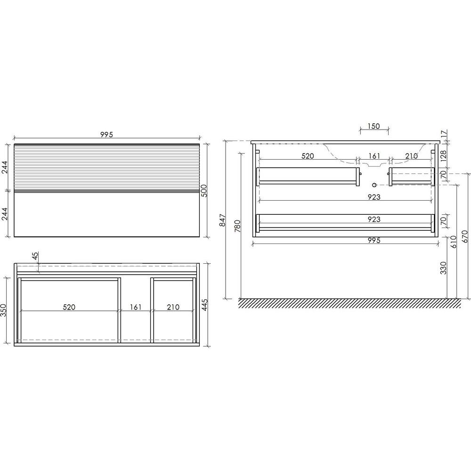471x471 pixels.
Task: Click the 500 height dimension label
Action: (204, 191)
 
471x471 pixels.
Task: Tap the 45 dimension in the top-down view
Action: (35, 256)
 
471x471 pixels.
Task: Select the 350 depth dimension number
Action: (3, 310)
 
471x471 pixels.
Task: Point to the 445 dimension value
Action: (204, 305)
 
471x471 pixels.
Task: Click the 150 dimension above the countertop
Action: (374, 126)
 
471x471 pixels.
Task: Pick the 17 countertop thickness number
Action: (445, 134)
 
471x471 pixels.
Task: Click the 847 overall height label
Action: (223, 220)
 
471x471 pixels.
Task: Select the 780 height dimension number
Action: (237, 226)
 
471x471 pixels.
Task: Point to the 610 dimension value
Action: (454, 242)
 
